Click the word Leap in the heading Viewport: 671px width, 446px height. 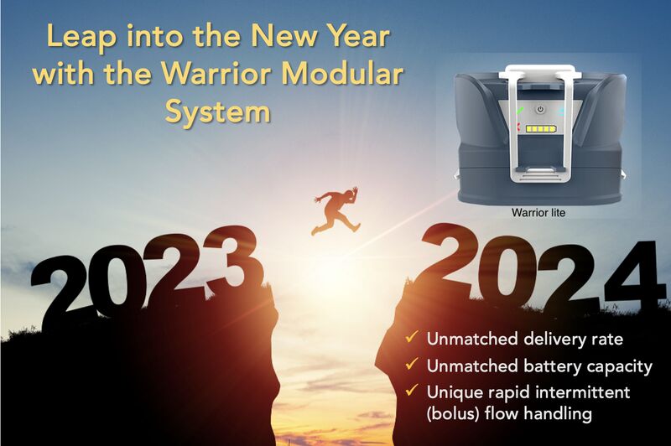[x=81, y=37]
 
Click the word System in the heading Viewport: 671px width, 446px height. [x=218, y=111]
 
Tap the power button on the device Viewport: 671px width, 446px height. [x=540, y=109]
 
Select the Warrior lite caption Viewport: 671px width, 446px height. [x=538, y=213]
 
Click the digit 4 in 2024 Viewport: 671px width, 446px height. [x=630, y=273]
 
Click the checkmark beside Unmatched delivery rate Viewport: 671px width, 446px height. [x=412, y=337]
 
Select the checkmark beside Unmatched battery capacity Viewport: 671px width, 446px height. [x=412, y=365]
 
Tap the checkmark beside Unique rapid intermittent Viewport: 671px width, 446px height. [x=412, y=390]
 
